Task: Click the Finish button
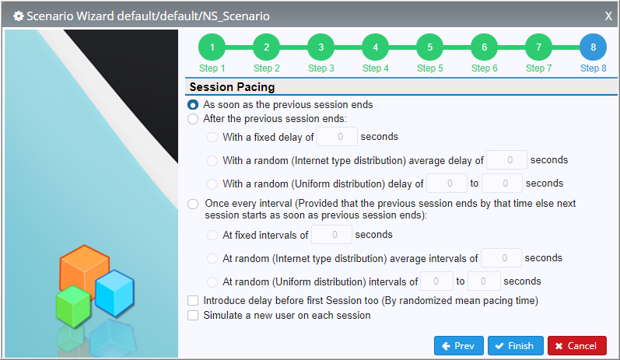tap(515, 346)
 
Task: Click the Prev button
tap(459, 346)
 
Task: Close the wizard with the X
tap(608, 16)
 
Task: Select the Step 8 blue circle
tap(593, 47)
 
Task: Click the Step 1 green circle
tap(212, 47)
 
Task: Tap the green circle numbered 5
tap(430, 47)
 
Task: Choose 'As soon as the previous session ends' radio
tap(193, 105)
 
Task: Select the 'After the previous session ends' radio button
tap(193, 119)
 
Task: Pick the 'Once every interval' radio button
tap(193, 204)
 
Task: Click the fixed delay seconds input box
tap(338, 137)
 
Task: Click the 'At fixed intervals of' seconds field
tap(331, 235)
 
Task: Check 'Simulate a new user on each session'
tap(193, 316)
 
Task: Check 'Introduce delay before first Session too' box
tap(193, 301)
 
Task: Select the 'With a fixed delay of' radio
tap(212, 137)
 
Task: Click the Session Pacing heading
tap(232, 87)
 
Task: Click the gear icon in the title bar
tap(18, 16)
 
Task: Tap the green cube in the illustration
tap(73, 306)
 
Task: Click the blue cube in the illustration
tap(115, 293)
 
